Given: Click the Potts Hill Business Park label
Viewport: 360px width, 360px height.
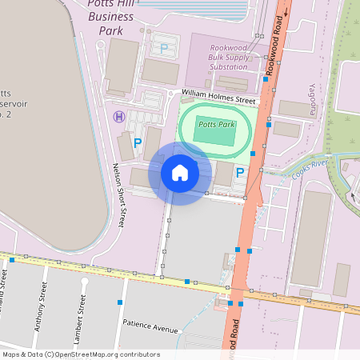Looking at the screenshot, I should (111, 18).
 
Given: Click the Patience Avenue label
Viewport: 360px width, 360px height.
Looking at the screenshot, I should (150, 327).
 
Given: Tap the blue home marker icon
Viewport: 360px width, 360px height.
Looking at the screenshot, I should (180, 173).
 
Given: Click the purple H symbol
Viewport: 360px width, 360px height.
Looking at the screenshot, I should (119, 117).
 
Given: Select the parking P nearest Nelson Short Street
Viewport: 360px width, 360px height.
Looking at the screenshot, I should (138, 142).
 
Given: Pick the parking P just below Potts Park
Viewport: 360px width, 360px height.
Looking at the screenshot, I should (239, 170).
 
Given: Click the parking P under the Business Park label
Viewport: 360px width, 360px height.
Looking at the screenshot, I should (165, 48).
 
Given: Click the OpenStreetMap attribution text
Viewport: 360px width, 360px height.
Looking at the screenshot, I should (81, 354).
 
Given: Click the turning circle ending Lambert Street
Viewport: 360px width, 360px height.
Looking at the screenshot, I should (84, 282).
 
